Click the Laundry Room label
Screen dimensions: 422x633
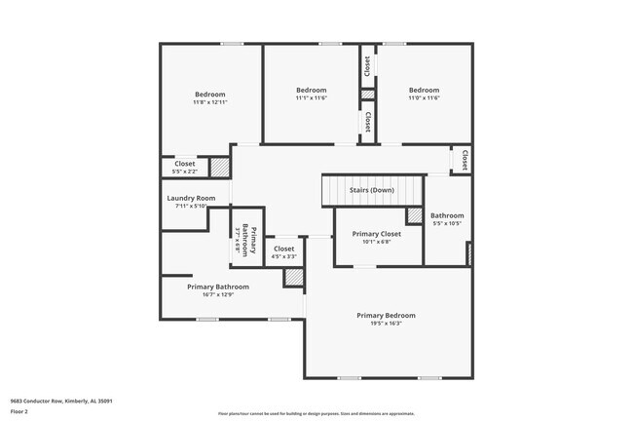(x=190, y=198)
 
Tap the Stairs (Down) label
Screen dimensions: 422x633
(x=372, y=190)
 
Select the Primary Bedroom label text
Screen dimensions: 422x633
(x=386, y=315)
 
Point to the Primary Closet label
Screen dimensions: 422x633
(x=377, y=234)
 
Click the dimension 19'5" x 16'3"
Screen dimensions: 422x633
(x=386, y=324)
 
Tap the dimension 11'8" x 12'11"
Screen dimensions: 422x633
(x=209, y=102)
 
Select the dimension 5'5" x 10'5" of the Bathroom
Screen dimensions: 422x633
(x=447, y=223)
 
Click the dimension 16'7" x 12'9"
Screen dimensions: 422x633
(x=218, y=294)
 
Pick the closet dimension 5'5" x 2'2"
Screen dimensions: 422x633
(x=185, y=172)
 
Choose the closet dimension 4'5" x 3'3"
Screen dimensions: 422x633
(x=283, y=256)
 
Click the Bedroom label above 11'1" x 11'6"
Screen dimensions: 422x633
(x=312, y=90)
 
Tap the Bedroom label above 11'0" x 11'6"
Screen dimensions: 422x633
(x=424, y=90)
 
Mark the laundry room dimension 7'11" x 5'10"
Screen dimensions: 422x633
(x=190, y=206)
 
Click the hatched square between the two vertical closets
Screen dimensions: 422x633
(x=367, y=95)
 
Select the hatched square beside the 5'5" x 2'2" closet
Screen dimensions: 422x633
(x=220, y=168)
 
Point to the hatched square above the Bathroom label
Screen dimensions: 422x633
(x=414, y=215)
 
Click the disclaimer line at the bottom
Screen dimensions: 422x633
(x=316, y=414)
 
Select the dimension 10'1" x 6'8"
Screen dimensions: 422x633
(x=377, y=243)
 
